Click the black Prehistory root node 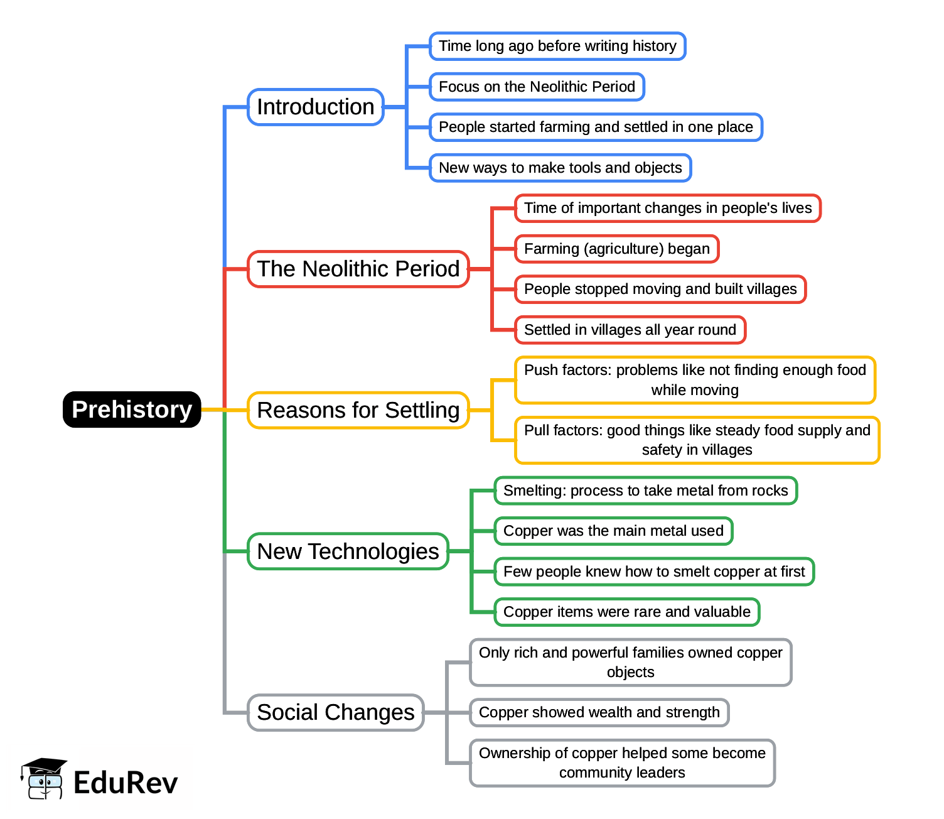click(x=132, y=409)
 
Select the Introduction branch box click(x=315, y=107)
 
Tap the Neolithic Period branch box click(x=358, y=269)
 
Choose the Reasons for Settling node click(x=358, y=410)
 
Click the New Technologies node click(x=348, y=551)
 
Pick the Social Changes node click(x=335, y=712)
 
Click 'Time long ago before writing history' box click(x=557, y=46)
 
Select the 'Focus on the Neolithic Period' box click(x=537, y=87)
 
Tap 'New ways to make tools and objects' click(x=560, y=168)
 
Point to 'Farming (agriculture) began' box click(x=616, y=249)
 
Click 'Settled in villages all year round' click(x=630, y=330)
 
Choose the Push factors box click(x=695, y=380)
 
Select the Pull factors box click(x=697, y=440)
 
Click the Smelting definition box click(x=645, y=491)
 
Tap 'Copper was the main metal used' click(x=613, y=531)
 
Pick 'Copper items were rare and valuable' click(x=626, y=612)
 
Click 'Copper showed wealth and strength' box click(x=599, y=712)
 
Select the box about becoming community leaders click(x=622, y=762)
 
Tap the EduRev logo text click(x=126, y=783)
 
